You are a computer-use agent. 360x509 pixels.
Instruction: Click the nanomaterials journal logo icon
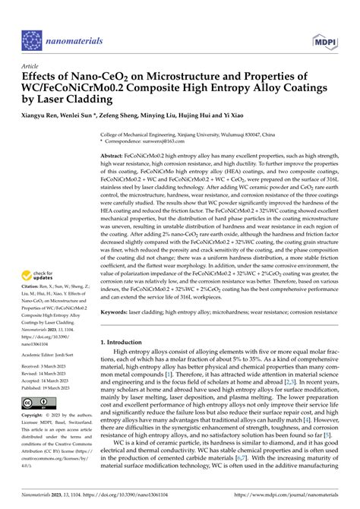(x=32, y=39)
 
